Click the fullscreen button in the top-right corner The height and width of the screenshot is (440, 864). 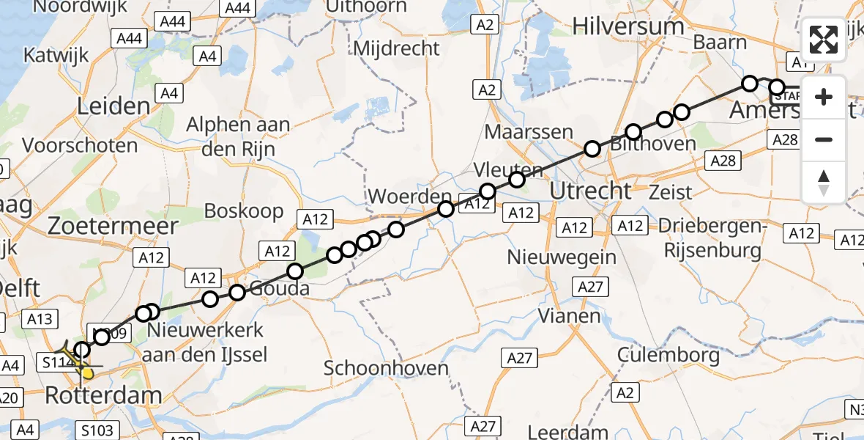824,40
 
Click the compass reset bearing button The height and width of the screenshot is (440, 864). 824,182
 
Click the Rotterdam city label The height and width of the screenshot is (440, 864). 103,396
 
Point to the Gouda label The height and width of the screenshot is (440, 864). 279,288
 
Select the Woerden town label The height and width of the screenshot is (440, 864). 409,197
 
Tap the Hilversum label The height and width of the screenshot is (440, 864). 629,26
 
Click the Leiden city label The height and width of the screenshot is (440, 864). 113,106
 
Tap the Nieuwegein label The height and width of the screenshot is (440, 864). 562,257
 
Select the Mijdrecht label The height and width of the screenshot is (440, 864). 397,49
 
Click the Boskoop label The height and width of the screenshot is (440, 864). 244,211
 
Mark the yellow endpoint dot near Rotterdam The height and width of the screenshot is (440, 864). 88,373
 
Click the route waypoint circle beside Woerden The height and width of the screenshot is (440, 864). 445,209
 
